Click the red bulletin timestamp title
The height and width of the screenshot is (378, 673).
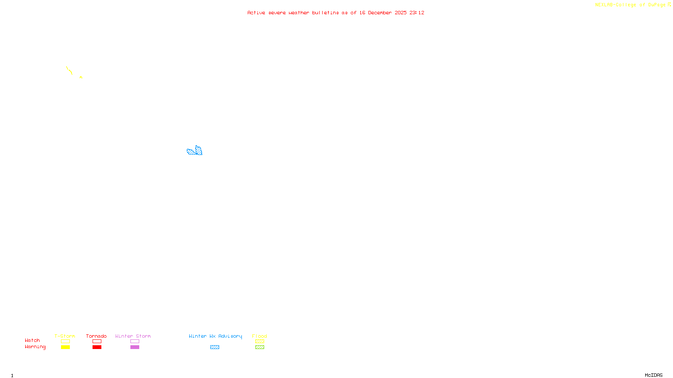336,13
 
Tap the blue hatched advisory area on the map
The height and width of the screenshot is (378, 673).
194,151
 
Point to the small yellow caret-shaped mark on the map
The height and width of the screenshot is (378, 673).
81,77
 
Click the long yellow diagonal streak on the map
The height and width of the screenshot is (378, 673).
69,70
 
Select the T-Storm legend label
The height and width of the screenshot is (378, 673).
65,336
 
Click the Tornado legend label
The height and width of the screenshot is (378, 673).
96,336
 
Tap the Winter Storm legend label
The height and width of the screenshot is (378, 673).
133,336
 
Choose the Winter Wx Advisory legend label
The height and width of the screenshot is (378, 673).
215,336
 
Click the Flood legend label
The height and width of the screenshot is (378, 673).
260,336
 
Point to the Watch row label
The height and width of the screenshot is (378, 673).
32,340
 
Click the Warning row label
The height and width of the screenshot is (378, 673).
35,347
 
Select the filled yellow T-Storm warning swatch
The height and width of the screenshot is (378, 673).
65,347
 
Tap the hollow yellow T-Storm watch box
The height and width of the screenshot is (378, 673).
65,341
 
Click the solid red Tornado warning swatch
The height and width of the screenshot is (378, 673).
97,347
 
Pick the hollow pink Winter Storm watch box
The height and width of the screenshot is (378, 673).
135,341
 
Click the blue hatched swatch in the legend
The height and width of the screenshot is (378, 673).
215,347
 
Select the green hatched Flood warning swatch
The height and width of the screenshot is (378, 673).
260,347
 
